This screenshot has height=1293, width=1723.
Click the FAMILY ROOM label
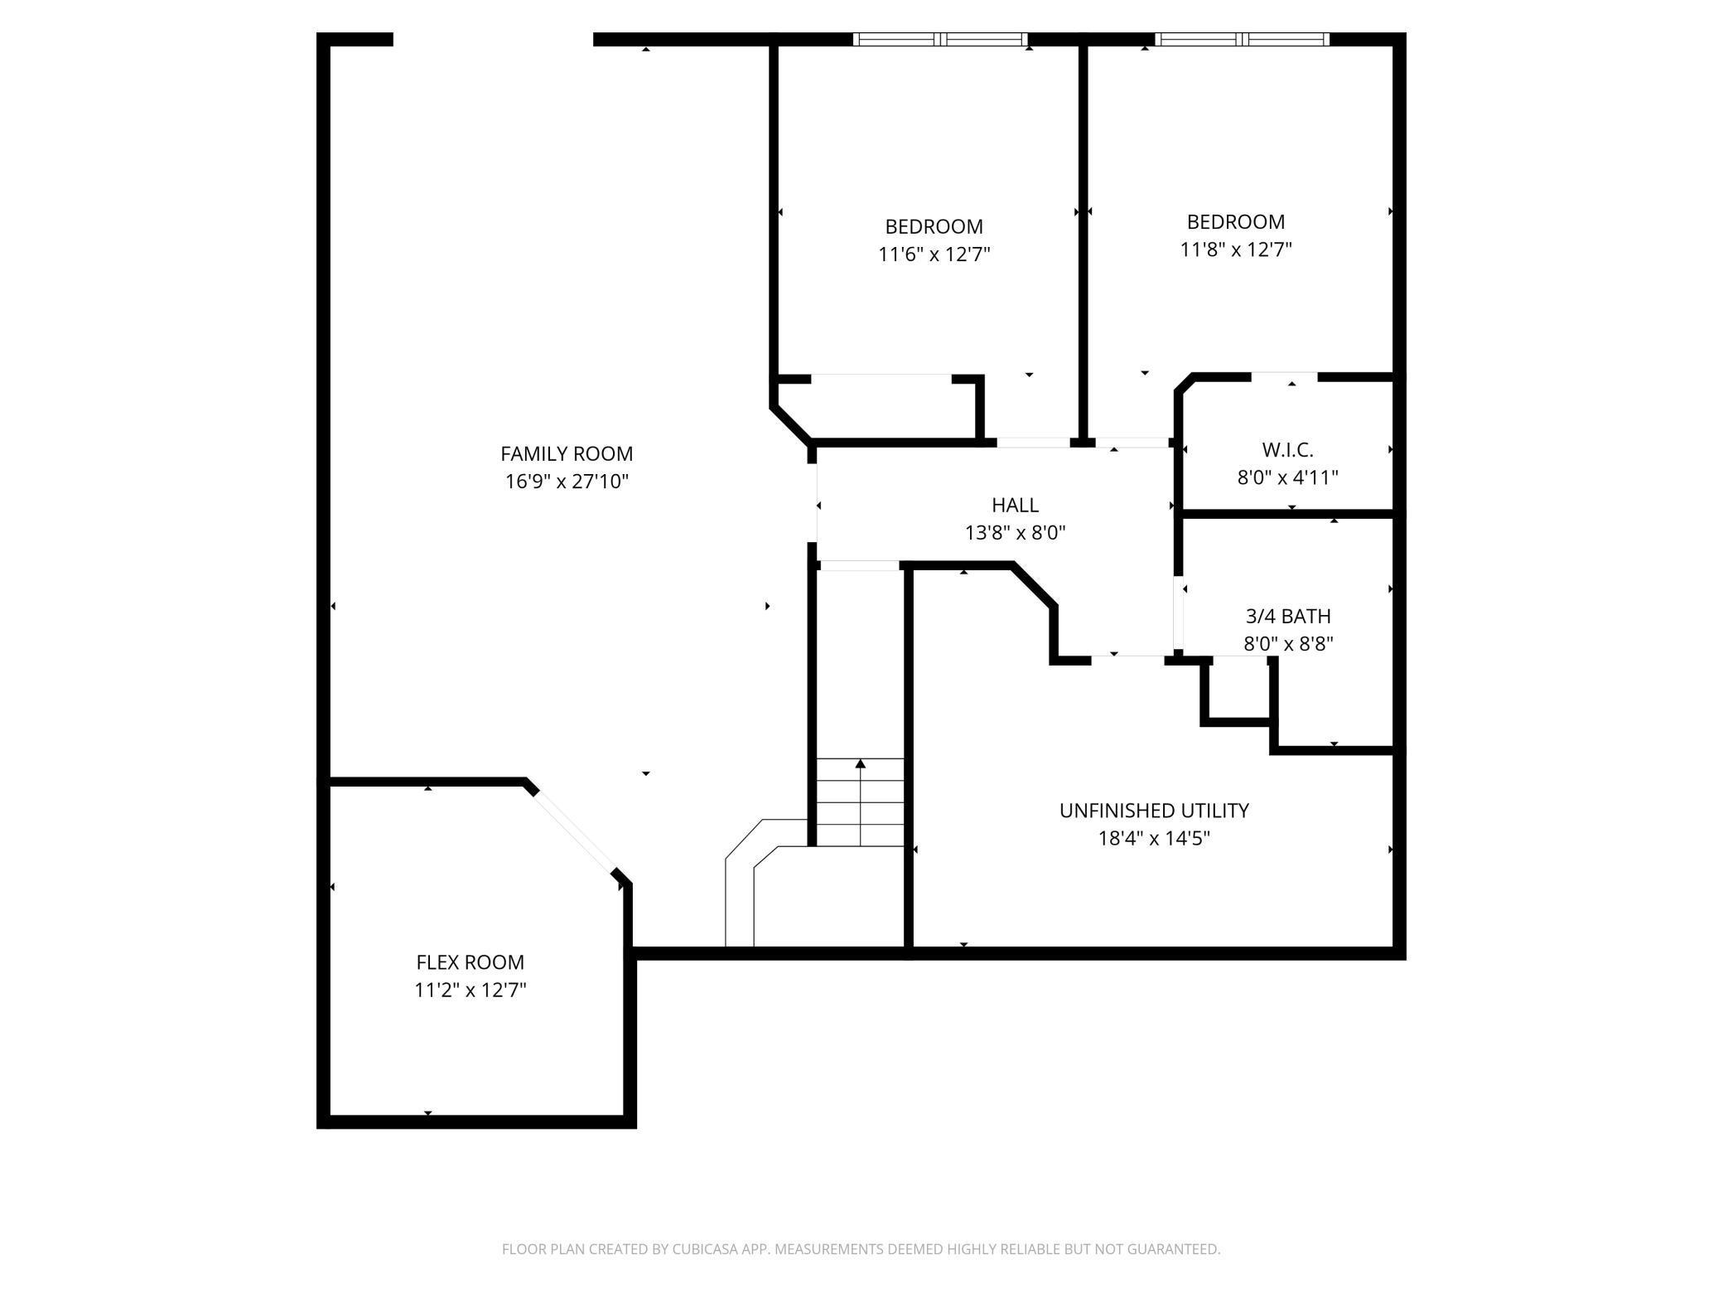click(x=567, y=453)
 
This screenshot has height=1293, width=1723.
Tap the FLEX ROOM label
click(x=470, y=962)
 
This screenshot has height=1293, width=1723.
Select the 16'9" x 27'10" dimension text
click(x=567, y=482)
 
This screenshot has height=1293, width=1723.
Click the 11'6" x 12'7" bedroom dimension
click(x=934, y=254)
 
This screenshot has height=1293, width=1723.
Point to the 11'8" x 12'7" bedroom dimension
click(x=1236, y=249)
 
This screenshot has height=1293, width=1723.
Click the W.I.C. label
click(x=1288, y=449)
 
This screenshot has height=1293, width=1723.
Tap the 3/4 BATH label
click(x=1288, y=616)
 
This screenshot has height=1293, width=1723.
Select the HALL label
click(x=1015, y=505)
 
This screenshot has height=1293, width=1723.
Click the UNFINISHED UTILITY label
click(x=1154, y=810)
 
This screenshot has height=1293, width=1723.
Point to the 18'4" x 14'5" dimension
click(x=1154, y=838)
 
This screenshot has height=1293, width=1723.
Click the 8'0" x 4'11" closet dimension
click(x=1288, y=477)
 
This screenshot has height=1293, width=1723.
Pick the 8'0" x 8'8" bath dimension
click(x=1288, y=644)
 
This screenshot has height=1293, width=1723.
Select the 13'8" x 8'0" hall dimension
click(x=1015, y=532)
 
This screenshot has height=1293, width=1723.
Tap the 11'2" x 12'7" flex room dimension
click(x=470, y=990)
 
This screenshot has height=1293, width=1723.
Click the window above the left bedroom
click(x=940, y=39)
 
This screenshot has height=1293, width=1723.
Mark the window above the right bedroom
click(x=1242, y=39)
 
